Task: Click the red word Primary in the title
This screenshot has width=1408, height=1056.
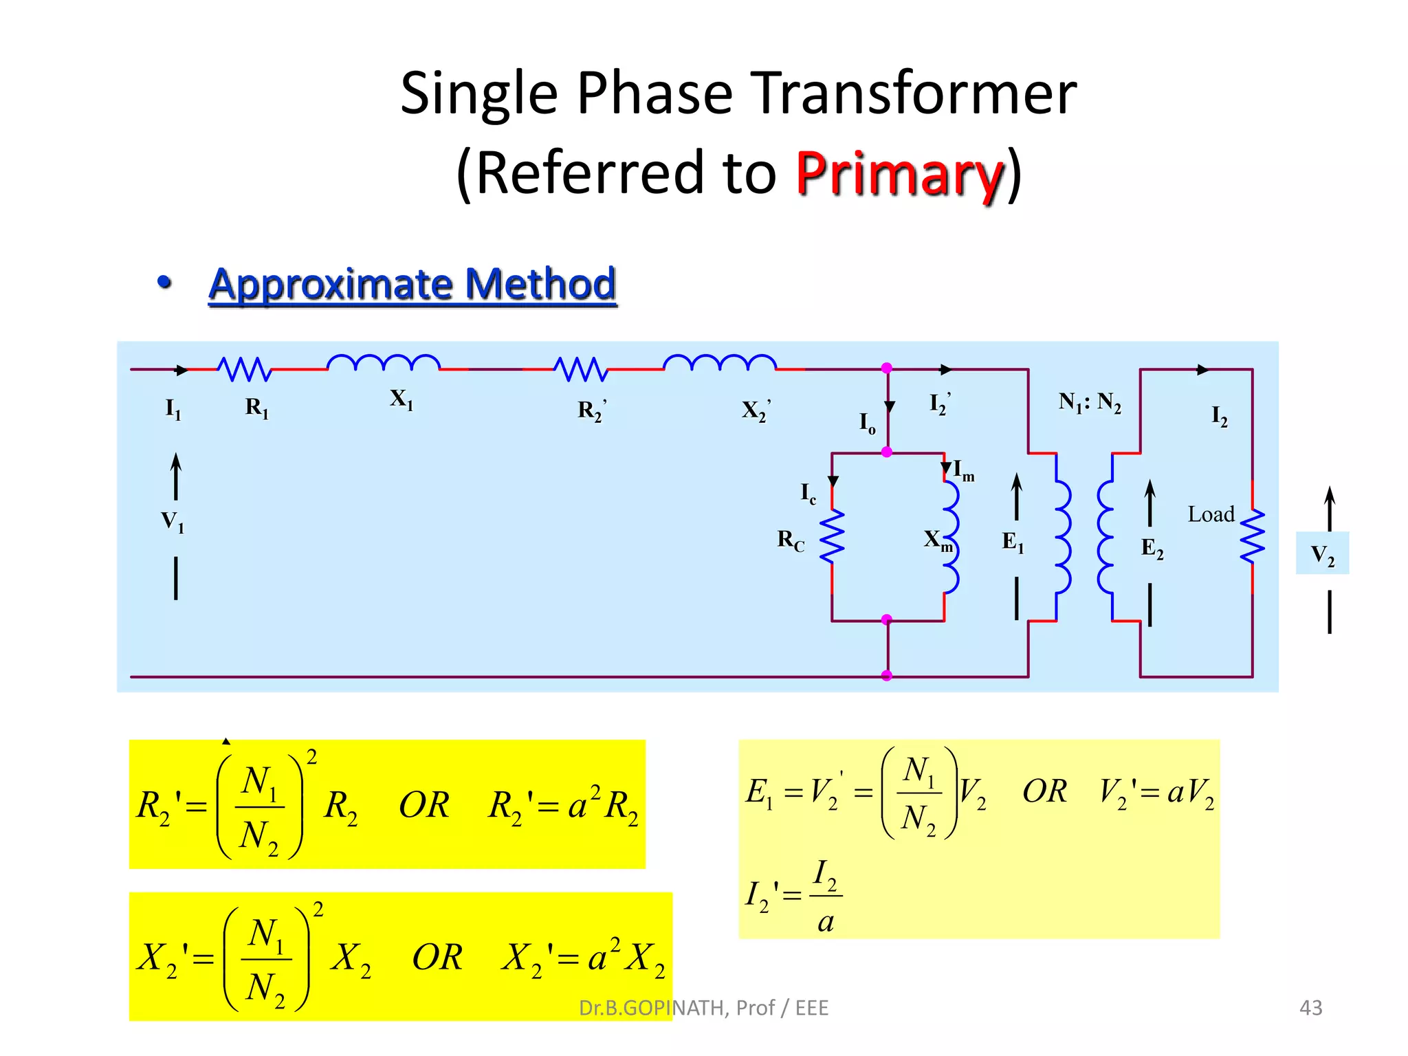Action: click(x=899, y=173)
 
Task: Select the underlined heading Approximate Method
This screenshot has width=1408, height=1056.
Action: click(x=412, y=284)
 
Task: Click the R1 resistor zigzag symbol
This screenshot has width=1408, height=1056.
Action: click(x=244, y=369)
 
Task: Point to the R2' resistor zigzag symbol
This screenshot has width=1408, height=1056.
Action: click(x=581, y=369)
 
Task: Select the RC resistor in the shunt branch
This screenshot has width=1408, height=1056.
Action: click(x=832, y=536)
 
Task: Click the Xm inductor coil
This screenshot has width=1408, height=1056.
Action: click(x=951, y=536)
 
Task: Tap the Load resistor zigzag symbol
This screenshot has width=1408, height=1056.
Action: click(x=1252, y=536)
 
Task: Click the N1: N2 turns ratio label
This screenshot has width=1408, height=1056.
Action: click(x=1090, y=401)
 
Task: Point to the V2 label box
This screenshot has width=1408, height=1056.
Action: click(x=1322, y=553)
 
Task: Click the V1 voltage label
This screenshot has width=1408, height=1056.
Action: click(x=173, y=522)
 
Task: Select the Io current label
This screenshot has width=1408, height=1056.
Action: click(x=867, y=423)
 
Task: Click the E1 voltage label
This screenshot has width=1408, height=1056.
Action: click(x=1013, y=542)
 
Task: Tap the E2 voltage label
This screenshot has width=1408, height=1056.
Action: click(x=1152, y=549)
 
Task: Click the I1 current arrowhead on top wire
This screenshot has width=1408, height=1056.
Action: click(x=181, y=370)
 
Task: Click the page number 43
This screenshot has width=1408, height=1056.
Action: click(x=1310, y=1008)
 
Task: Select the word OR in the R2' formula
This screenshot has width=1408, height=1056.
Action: click(x=424, y=805)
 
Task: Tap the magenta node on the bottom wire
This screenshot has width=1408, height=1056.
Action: click(x=887, y=676)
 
